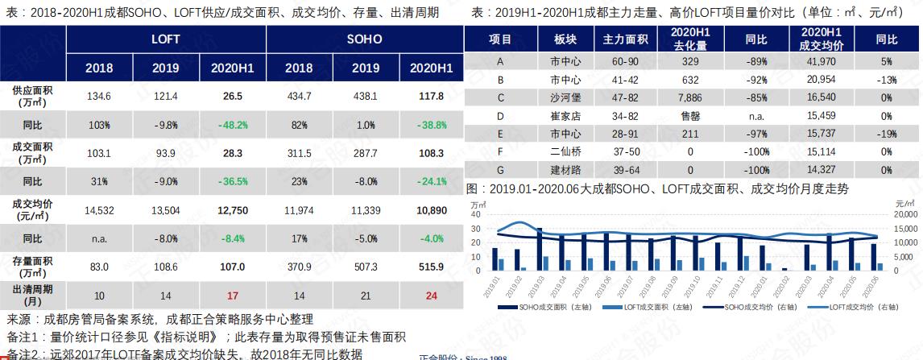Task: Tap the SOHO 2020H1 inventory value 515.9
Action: (432, 265)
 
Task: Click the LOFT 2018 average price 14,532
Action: (99, 210)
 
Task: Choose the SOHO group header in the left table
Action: (364, 39)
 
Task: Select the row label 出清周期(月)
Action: (32, 294)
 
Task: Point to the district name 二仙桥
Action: (565, 151)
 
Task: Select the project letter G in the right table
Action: (500, 170)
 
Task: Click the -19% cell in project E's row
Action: (886, 134)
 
